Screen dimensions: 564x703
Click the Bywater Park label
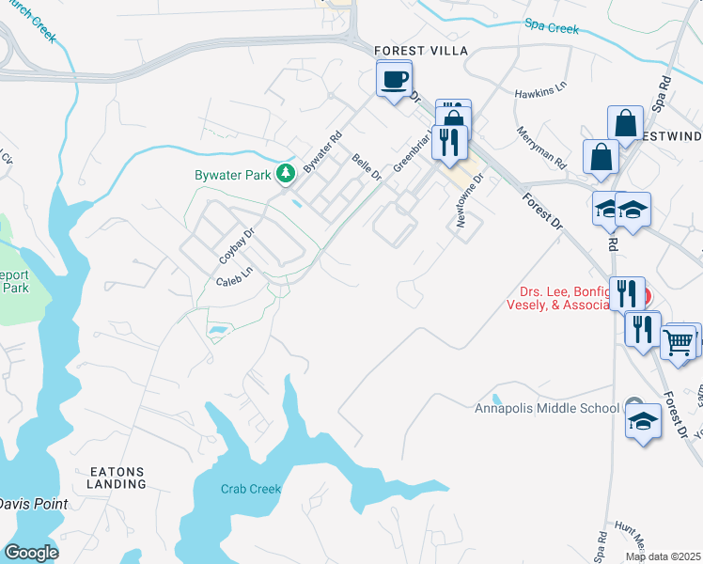(232, 175)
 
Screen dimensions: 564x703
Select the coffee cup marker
(395, 79)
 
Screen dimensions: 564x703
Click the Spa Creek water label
(552, 28)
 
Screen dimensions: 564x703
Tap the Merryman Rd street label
(539, 147)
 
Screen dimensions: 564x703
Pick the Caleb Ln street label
(235, 275)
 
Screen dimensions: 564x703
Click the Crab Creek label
(251, 489)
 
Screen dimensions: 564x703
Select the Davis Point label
(33, 504)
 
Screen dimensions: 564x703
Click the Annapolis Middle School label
(546, 407)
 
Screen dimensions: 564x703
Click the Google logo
(31, 553)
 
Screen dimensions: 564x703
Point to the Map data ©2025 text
(663, 556)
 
